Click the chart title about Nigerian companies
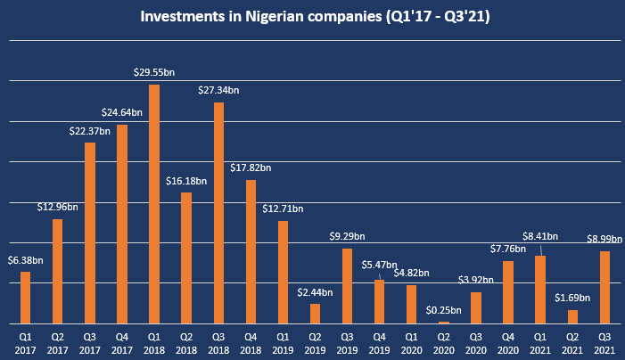click(x=312, y=16)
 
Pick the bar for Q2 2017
click(x=58, y=271)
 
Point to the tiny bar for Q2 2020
click(x=444, y=322)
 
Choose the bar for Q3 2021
click(x=604, y=287)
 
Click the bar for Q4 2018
click(x=251, y=251)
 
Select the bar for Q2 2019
click(x=315, y=314)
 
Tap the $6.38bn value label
click(x=25, y=260)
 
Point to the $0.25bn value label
click(x=444, y=310)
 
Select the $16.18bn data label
click(x=186, y=181)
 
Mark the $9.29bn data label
click(x=347, y=238)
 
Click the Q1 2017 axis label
click(x=25, y=342)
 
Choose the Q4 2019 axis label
click(x=380, y=342)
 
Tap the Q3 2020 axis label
click(x=476, y=342)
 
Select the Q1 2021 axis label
click(x=540, y=342)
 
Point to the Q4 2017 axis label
click(x=122, y=342)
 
